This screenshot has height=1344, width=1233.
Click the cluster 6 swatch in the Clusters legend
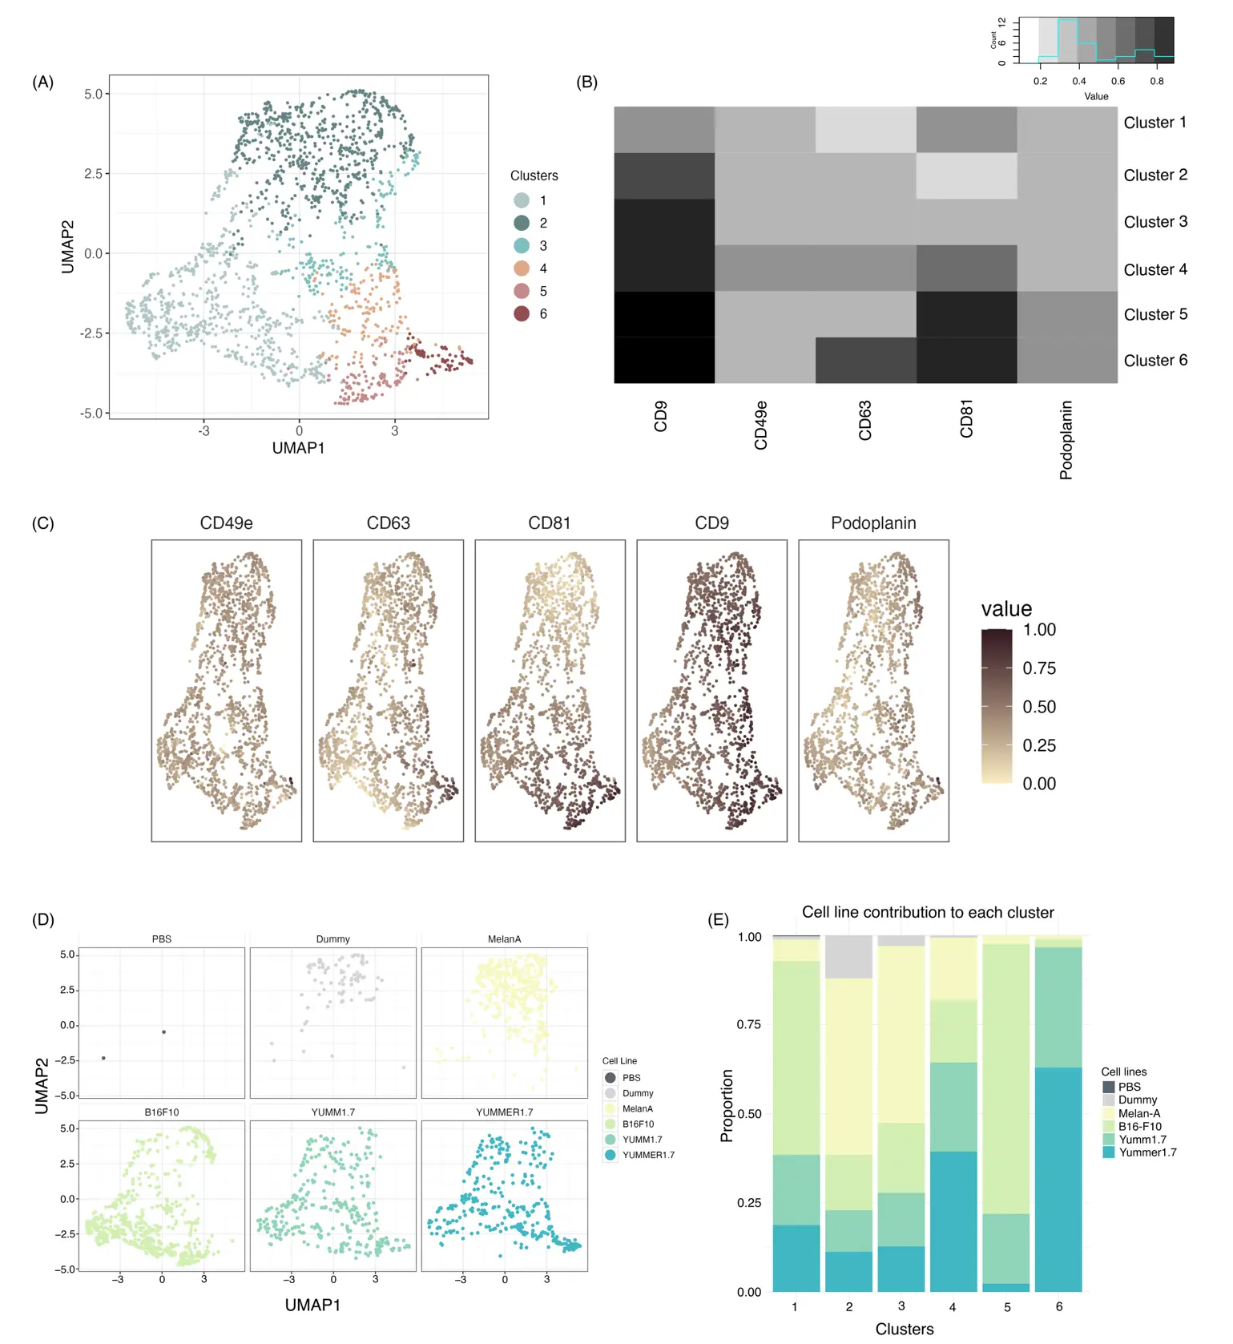click(522, 313)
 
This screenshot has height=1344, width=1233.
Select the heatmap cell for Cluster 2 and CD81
click(966, 176)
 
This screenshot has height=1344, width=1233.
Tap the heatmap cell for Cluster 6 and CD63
click(865, 360)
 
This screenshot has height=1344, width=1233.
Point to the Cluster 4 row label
click(1154, 269)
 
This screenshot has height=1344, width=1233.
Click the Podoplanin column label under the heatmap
click(1066, 440)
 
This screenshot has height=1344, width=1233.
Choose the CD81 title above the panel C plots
click(550, 523)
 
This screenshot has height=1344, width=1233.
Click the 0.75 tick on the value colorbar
click(1038, 668)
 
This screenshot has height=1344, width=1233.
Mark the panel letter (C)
click(42, 523)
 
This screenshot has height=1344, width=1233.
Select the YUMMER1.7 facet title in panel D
click(504, 1112)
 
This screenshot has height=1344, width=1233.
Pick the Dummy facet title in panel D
click(333, 938)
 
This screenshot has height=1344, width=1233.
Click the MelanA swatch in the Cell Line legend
click(610, 1108)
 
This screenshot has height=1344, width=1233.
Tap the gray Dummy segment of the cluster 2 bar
click(848, 957)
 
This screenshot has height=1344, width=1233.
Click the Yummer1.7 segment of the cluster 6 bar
click(1058, 1178)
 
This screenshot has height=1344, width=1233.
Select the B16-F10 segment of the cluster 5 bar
click(1006, 1078)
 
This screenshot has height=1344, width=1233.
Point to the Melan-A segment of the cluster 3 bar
click(901, 1034)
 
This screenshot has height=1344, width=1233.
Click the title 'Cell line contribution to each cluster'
click(928, 912)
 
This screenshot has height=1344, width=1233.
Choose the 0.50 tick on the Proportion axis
click(749, 1114)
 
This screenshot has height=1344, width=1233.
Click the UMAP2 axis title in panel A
click(68, 247)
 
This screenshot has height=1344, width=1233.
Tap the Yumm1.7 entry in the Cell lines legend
click(1142, 1139)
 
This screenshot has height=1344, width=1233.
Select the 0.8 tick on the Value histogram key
click(1157, 81)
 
